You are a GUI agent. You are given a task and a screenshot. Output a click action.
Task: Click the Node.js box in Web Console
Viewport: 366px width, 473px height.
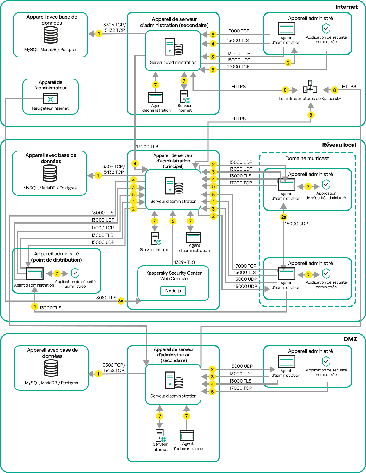[x=173, y=291]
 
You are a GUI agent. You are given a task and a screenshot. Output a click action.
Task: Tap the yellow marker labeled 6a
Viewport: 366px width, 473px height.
[x=121, y=301]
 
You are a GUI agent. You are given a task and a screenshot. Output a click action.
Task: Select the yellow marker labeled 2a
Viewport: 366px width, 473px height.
[x=284, y=217]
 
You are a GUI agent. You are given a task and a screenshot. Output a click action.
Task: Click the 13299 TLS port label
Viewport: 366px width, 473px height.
[x=184, y=262]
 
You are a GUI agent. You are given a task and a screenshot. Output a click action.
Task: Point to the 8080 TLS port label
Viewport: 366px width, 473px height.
[x=106, y=298]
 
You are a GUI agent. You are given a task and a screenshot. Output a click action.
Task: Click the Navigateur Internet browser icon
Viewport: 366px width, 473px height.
[x=51, y=99]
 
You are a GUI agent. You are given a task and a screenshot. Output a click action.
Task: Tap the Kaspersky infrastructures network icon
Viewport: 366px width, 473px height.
[x=310, y=86]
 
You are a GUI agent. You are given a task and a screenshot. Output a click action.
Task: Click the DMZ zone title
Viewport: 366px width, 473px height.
[x=350, y=339]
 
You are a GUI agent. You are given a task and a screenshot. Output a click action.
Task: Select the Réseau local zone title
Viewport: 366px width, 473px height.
[x=339, y=145]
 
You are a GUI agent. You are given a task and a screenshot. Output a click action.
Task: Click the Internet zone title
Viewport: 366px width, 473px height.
[x=346, y=7]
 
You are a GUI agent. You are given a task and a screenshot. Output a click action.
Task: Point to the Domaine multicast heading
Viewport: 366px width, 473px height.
[x=307, y=158]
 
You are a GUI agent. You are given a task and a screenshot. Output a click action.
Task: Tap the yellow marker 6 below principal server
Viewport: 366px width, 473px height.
[x=173, y=221]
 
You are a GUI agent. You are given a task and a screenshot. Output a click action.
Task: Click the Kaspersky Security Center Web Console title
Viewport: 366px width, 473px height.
[x=174, y=276]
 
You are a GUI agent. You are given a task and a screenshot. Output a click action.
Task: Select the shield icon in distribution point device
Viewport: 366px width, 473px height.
[x=75, y=273]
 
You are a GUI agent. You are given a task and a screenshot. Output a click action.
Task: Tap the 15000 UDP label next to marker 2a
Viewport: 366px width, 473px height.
[x=296, y=224]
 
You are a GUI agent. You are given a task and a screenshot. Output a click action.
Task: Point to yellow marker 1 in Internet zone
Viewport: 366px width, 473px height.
[x=99, y=33]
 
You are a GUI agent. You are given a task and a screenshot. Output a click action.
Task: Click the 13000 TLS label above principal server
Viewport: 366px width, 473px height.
[x=147, y=146]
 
